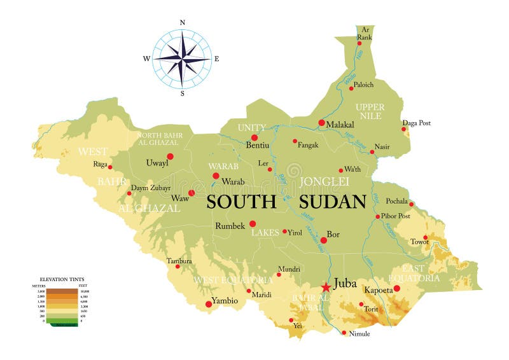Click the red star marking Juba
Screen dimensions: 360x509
[326, 287]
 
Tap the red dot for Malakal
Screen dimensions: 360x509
[321, 123]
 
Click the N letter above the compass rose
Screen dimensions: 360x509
[183, 22]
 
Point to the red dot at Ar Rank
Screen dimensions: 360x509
[359, 44]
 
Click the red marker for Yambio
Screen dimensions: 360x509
[209, 305]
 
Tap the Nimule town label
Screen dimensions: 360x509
[359, 333]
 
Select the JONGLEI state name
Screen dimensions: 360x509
[325, 181]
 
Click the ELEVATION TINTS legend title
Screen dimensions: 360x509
[62, 279]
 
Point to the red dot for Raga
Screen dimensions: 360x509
[110, 167]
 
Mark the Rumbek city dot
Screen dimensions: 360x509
[253, 224]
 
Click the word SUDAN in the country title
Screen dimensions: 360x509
[332, 202]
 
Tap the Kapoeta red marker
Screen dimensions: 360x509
[396, 288]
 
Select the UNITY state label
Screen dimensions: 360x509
[251, 128]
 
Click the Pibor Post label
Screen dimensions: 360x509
[396, 216]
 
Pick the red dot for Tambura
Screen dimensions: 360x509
[178, 267]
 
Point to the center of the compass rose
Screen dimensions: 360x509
[182, 59]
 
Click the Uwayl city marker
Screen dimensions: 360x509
[170, 156]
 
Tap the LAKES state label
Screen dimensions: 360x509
[264, 233]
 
